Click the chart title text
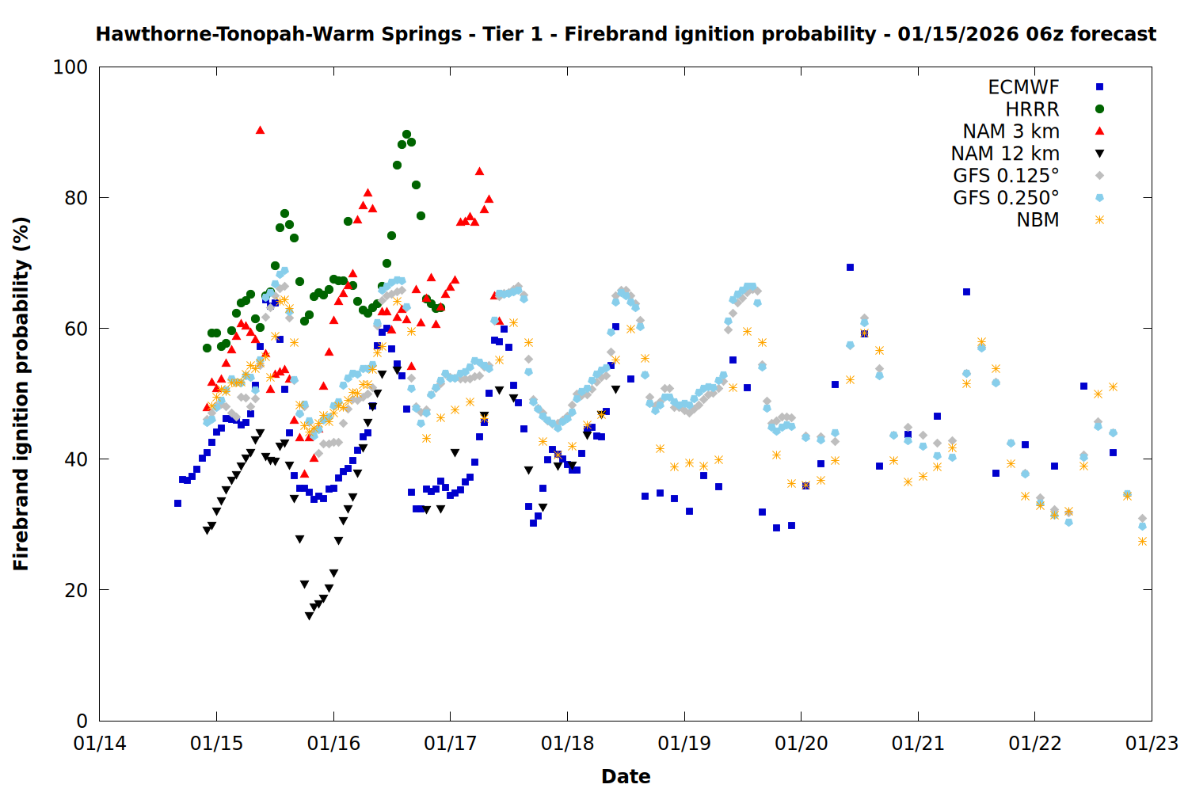click(x=626, y=34)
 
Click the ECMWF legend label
click(x=1023, y=87)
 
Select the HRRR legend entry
click(x=1032, y=109)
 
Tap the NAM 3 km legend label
click(x=1011, y=131)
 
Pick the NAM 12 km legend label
click(x=1005, y=154)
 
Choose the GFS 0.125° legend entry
click(x=1006, y=176)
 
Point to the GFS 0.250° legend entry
click(x=1006, y=198)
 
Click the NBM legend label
click(x=1038, y=220)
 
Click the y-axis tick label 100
click(x=70, y=67)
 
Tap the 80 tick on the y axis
click(x=76, y=198)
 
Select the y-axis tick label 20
click(x=76, y=590)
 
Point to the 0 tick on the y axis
click(x=82, y=721)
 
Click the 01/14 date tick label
click(x=100, y=744)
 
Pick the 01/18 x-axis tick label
click(x=567, y=744)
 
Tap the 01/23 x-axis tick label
click(x=1152, y=744)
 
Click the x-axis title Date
click(x=626, y=776)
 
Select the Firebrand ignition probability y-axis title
click(x=21, y=394)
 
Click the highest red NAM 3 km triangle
click(x=260, y=130)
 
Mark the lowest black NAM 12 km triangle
click(x=309, y=615)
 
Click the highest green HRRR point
click(x=406, y=135)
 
